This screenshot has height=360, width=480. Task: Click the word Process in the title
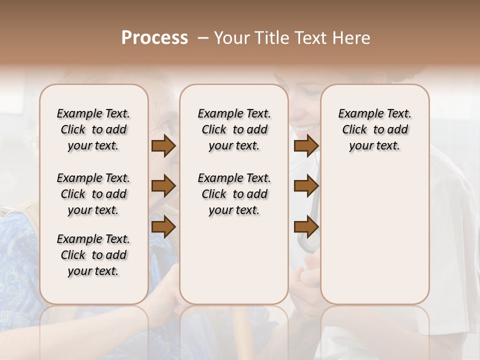(154, 38)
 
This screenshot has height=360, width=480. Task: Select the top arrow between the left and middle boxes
(163, 145)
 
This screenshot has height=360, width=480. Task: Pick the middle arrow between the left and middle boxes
(163, 186)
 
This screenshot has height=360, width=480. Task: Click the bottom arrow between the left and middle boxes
(163, 226)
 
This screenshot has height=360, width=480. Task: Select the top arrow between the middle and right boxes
(306, 145)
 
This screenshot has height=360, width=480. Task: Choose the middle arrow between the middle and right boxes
(306, 186)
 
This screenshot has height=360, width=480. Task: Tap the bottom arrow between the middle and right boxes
(306, 226)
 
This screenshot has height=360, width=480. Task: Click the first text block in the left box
(93, 129)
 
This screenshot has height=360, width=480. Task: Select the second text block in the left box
(93, 194)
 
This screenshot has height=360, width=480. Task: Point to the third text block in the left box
(93, 255)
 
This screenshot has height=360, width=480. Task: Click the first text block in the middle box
(234, 129)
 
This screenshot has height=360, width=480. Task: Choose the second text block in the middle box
(234, 194)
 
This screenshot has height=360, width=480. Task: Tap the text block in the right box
(374, 129)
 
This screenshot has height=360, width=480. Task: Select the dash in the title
(203, 38)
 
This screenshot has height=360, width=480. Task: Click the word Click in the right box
(354, 130)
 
